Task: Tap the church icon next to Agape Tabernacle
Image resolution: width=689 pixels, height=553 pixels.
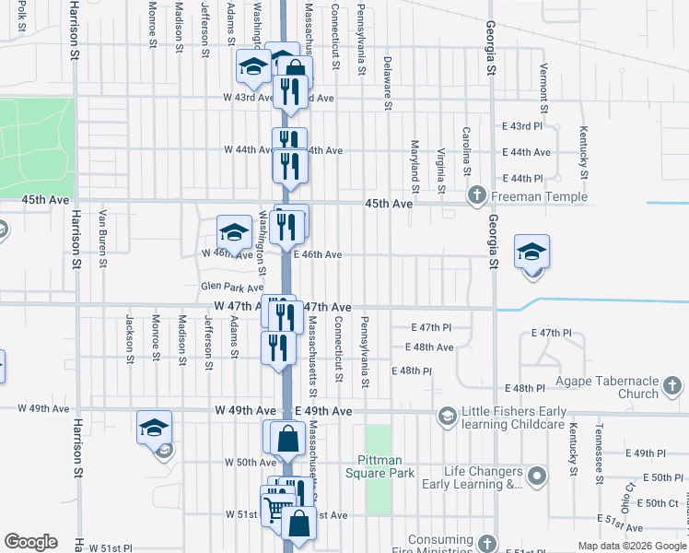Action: tap(674, 385)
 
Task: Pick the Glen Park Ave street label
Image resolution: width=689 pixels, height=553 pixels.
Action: tap(232, 288)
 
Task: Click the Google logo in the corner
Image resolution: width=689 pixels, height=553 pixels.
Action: tap(30, 542)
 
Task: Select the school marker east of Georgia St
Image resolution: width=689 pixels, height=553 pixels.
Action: tap(531, 251)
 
